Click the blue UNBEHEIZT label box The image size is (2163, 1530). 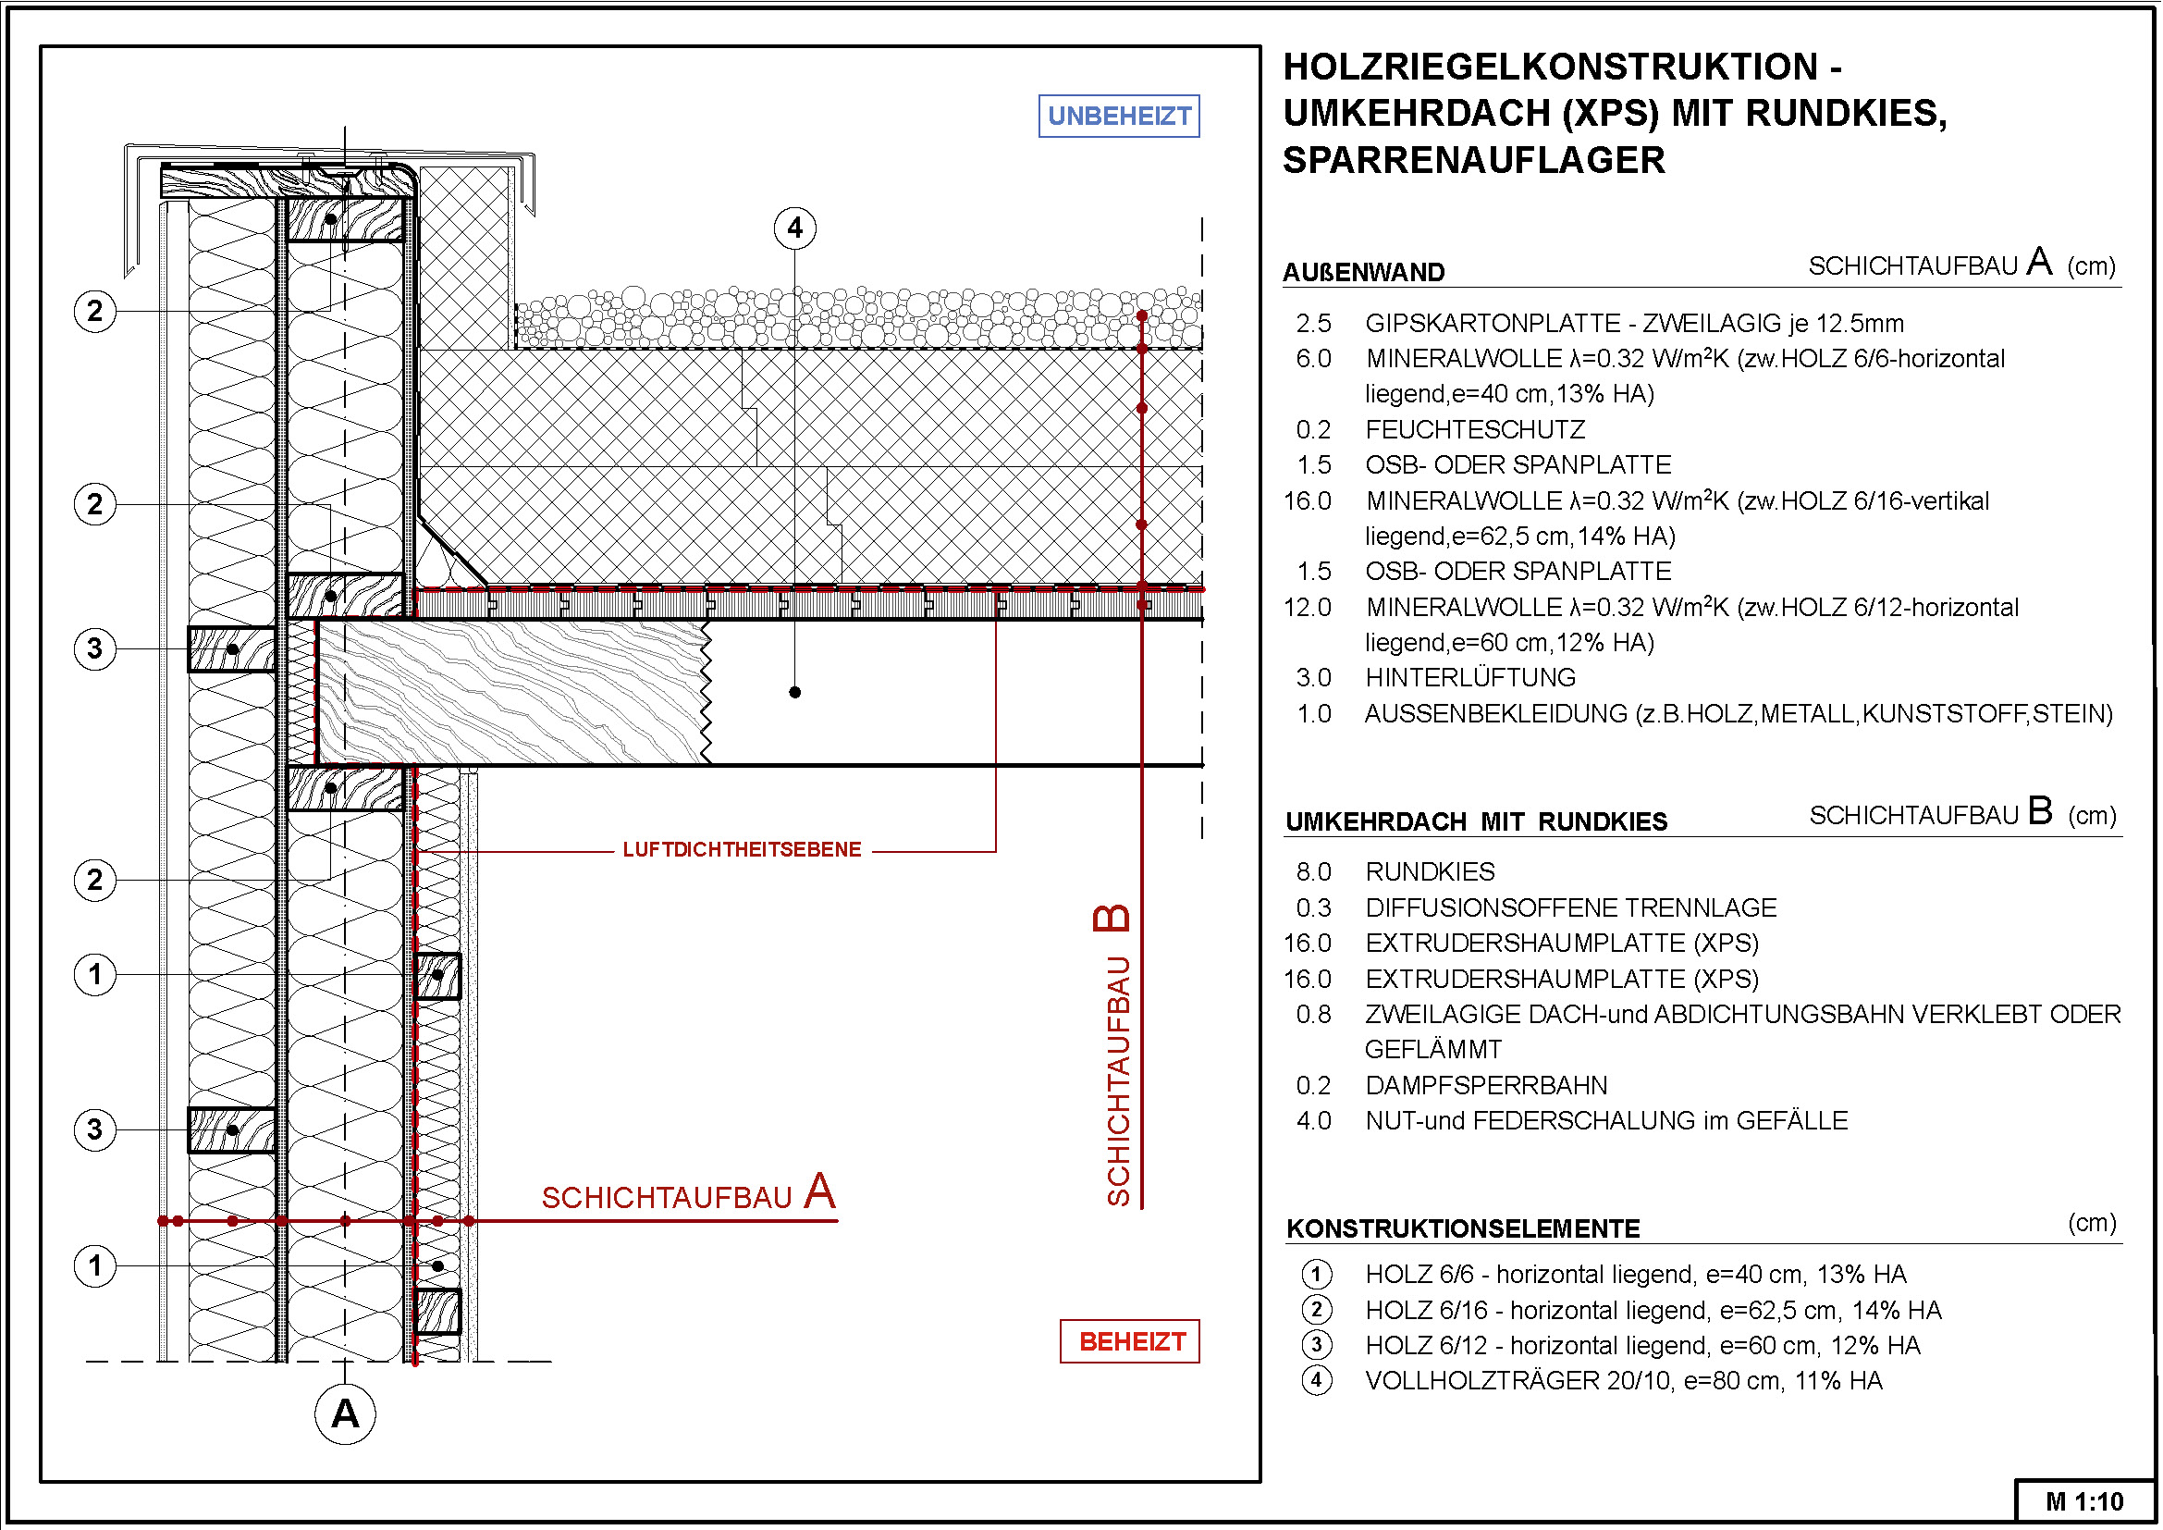1119,116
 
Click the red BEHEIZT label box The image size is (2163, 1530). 1130,1341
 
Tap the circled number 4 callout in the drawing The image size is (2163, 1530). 795,228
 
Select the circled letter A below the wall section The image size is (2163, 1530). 346,1414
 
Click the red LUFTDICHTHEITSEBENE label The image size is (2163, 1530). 743,850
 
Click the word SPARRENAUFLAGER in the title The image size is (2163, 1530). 1474,160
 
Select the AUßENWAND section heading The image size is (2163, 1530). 1364,272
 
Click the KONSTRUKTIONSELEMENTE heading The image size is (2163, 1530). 1464,1228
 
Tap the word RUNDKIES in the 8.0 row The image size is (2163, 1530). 1430,871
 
